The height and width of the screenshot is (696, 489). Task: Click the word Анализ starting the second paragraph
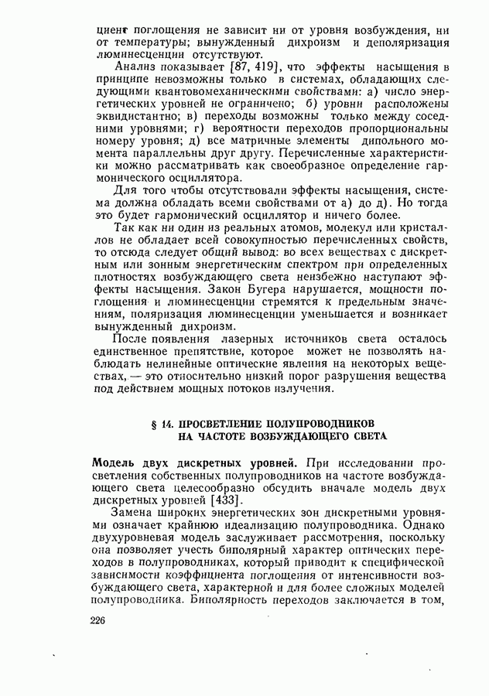[x=131, y=70]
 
